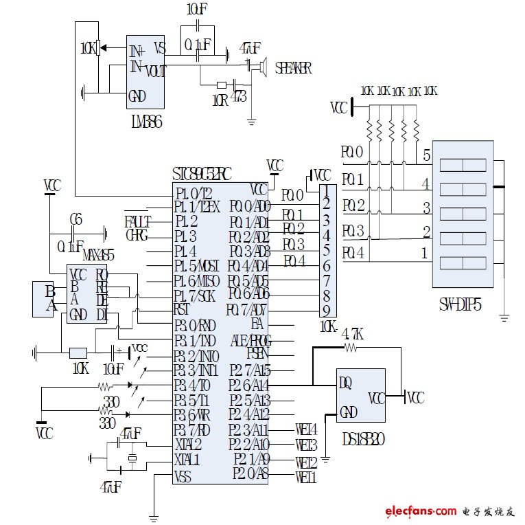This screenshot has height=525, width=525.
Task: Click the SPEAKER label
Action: (293, 68)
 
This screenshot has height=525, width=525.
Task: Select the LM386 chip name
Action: (145, 122)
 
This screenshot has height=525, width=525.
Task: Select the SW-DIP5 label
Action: (460, 302)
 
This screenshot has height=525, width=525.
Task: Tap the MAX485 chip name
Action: (98, 256)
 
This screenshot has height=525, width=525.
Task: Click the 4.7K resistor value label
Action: (351, 334)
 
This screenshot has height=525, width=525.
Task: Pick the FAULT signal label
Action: (137, 221)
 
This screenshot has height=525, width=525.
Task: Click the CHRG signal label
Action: (137, 235)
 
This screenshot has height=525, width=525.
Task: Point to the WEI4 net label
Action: (305, 429)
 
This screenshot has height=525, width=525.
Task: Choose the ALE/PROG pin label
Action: (250, 339)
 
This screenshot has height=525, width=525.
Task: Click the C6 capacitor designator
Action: (76, 220)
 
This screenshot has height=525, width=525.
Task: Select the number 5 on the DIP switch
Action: (426, 155)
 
